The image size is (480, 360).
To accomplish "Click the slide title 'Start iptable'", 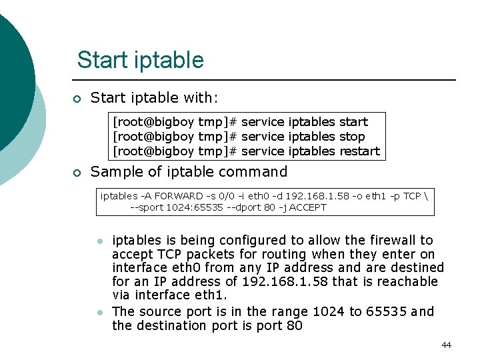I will (140, 60).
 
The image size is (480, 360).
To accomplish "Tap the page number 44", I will (446, 345).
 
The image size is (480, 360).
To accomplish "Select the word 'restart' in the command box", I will (359, 151).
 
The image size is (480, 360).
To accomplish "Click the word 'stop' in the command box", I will (352, 136).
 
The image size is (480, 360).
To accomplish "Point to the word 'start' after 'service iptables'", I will (353, 121).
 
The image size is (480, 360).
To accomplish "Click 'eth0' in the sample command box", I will (250, 196).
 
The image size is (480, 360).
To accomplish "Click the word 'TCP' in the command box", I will (411, 196).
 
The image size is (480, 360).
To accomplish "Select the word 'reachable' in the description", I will (406, 281).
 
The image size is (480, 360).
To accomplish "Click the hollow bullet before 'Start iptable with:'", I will (77, 99).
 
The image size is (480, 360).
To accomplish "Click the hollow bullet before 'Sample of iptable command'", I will (77, 173).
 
